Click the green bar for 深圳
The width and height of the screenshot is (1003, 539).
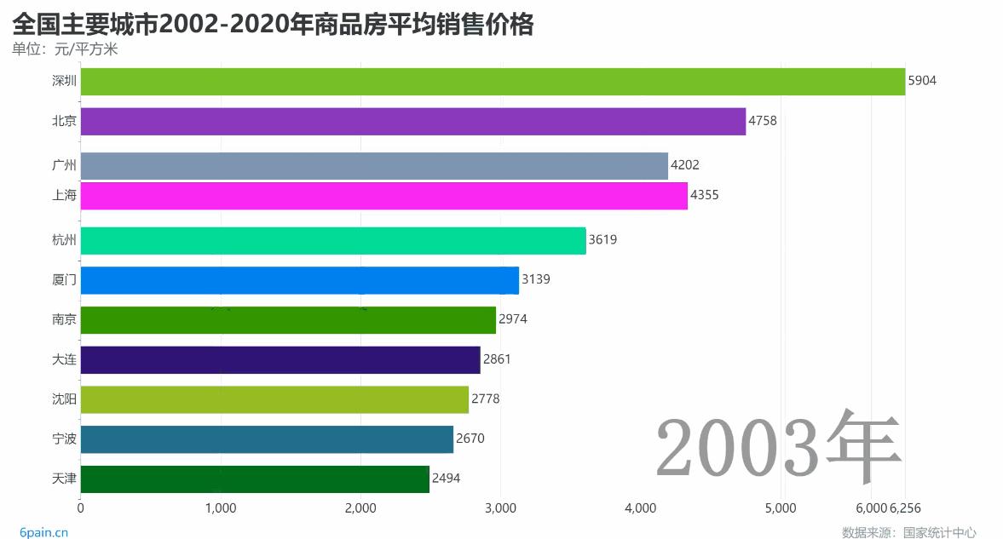tap(493, 82)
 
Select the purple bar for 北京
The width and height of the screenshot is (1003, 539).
tap(413, 121)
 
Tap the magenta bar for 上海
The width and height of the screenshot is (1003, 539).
tap(383, 196)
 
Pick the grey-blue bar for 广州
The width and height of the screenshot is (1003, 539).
tap(374, 165)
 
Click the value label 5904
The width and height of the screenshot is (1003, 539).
tap(922, 81)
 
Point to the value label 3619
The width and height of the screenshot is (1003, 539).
tap(602, 240)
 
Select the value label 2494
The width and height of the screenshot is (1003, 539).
tap(446, 479)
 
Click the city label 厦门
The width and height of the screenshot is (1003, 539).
tap(64, 279)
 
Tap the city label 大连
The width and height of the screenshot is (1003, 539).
tap(64, 359)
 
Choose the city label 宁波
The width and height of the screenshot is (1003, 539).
tap(64, 439)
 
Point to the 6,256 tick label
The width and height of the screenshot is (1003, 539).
tap(905, 508)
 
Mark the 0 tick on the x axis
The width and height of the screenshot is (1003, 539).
tap(81, 508)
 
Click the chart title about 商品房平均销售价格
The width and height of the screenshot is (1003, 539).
tap(273, 24)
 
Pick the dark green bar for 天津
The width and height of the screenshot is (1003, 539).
tap(255, 479)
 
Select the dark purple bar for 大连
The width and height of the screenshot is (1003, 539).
tap(280, 359)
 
